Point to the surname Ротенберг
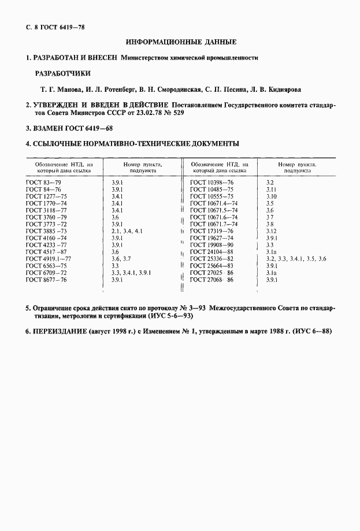click(x=117, y=90)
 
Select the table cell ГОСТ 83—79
click(x=43, y=182)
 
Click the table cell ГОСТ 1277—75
click(x=47, y=196)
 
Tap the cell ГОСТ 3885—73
click(x=47, y=231)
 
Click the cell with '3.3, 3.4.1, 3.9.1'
click(x=130, y=272)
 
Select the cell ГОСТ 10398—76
click(x=212, y=182)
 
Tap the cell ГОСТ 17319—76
click(x=212, y=231)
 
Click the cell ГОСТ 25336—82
click(x=212, y=258)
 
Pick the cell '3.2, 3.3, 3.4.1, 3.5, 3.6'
click(x=296, y=258)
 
